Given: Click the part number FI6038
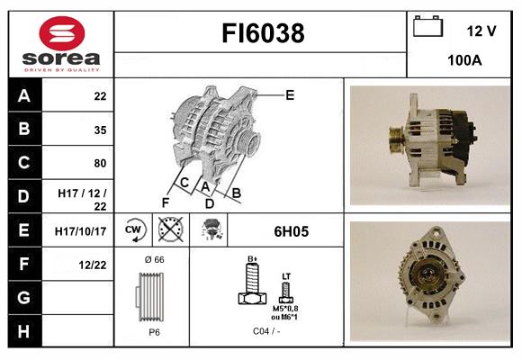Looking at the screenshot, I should [263, 34].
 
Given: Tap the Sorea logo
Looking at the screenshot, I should [59, 44].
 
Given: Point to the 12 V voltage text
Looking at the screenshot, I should [481, 31].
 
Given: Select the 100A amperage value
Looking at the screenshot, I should [465, 60].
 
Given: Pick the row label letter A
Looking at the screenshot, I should [23, 96].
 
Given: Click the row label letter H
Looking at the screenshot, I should [23, 331].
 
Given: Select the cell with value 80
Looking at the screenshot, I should [100, 164].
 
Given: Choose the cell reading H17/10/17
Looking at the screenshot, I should [82, 231].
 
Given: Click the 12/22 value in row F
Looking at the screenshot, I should [94, 264].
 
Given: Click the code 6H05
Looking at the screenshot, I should [290, 231].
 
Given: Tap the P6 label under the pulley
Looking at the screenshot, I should [153, 331].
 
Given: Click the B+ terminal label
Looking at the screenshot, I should [253, 259].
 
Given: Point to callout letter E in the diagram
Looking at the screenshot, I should [290, 94].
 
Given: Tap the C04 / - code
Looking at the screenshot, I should [265, 331].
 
